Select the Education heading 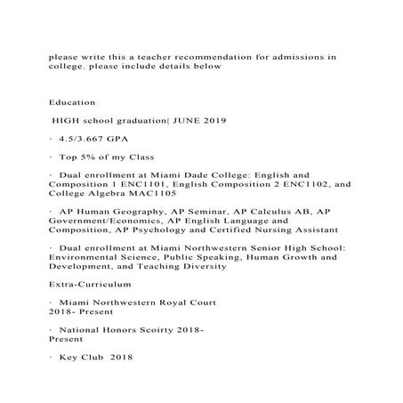pos(70,103)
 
